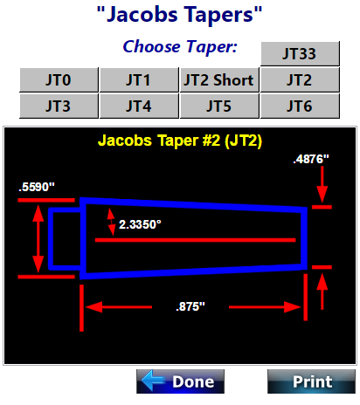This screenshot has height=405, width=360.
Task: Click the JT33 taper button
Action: pos(300,53)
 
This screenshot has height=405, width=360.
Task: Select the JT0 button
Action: pos(59,80)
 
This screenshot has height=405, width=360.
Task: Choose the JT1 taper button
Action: pos(139,80)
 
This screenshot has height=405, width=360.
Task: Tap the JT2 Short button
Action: pos(219,80)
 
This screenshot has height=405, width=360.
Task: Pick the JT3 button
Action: pos(59,106)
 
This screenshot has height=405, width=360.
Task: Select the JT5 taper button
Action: pos(219,106)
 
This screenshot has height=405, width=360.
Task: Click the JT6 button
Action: pos(300,106)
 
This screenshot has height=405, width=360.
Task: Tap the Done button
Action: pos(180,381)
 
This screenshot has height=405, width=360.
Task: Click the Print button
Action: pos(311,381)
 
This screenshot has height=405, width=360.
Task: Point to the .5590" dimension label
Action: pos(37,187)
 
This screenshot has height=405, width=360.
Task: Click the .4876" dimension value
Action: pos(311,160)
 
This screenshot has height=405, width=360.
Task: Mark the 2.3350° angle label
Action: pos(140,224)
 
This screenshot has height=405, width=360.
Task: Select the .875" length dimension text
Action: pos(190,306)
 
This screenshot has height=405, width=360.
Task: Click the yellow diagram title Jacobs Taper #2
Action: pos(180,141)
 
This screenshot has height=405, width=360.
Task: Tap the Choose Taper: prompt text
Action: pos(180,46)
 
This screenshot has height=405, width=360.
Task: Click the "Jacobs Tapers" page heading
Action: pos(180,15)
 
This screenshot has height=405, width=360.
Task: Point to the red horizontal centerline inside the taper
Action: pos(196,240)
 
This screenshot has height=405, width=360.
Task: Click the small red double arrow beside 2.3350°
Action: pos(111,222)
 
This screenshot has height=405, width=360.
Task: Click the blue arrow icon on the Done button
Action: pos(153,381)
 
